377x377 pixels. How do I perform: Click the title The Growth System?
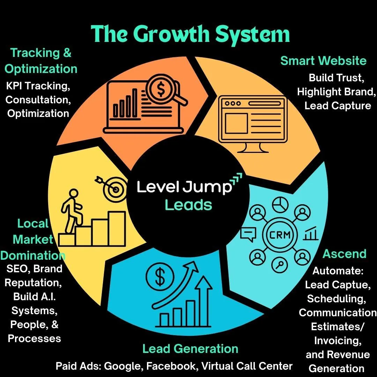click(191, 35)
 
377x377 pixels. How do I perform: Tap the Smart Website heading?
click(323, 61)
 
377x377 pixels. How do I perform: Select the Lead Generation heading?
click(190, 349)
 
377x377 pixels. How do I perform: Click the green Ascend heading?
click(344, 254)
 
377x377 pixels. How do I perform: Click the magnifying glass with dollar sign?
click(161, 90)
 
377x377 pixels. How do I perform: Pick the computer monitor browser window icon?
click(252, 123)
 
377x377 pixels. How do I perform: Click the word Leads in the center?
click(188, 205)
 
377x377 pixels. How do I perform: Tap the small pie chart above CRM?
click(279, 205)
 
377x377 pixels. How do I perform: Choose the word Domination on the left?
click(33, 255)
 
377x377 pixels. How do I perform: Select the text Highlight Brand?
click(336, 92)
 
